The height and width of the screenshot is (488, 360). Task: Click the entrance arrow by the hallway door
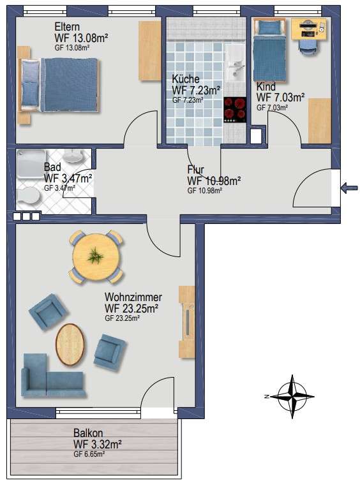click(349, 188)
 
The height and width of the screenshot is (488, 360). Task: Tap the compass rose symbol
click(292, 397)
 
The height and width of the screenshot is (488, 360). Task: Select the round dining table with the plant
click(96, 257)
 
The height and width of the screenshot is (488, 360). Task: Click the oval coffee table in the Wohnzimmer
click(70, 344)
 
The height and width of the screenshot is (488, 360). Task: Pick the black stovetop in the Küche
click(235, 110)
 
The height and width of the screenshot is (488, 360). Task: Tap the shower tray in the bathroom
click(31, 163)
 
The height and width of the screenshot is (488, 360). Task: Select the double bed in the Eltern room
click(59, 85)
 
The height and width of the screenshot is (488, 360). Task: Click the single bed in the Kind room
click(270, 50)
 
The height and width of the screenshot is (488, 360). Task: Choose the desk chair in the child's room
click(308, 48)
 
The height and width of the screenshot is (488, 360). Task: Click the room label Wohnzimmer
click(133, 297)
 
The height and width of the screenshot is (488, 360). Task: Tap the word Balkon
click(88, 433)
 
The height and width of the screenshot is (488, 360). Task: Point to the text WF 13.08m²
click(81, 38)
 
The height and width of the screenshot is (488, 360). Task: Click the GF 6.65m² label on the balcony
click(89, 454)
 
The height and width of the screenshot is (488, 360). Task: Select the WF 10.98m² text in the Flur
click(214, 181)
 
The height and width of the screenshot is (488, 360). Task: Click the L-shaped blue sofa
click(53, 376)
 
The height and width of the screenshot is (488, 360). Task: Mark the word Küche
click(186, 78)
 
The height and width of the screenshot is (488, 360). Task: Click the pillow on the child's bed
click(270, 27)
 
